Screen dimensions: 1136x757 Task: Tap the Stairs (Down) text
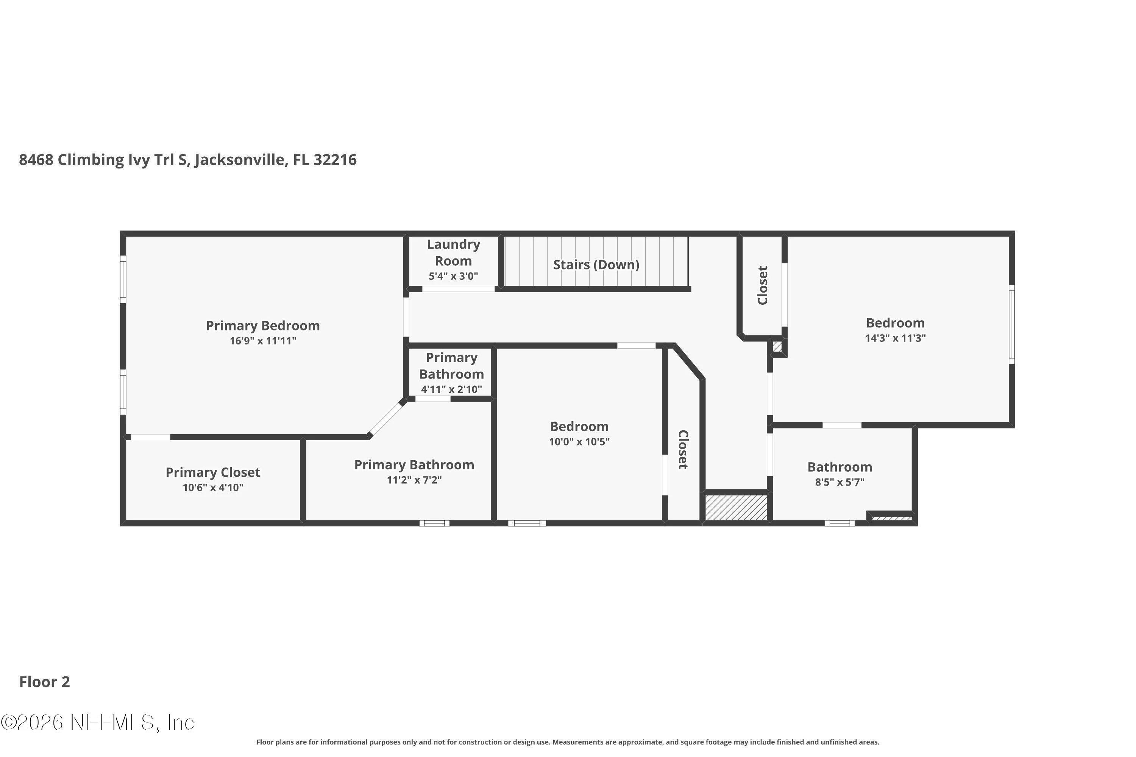(x=596, y=265)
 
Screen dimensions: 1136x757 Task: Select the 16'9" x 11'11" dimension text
(x=263, y=341)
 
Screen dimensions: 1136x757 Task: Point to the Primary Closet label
(x=213, y=472)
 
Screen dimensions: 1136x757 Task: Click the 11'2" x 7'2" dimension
(x=414, y=480)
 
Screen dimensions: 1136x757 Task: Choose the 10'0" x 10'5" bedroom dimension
(x=579, y=442)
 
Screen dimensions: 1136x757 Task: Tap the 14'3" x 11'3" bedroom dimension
(x=896, y=338)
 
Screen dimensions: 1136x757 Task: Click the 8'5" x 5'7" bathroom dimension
(x=840, y=482)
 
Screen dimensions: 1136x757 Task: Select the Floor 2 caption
(x=44, y=682)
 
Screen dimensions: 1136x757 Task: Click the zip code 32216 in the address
(x=335, y=160)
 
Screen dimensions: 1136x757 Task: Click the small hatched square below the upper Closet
(x=777, y=347)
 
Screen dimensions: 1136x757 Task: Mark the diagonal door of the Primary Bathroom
(x=385, y=419)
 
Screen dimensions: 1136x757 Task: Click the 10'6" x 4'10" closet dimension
(x=213, y=488)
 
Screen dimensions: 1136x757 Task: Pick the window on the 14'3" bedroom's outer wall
(x=1012, y=324)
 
